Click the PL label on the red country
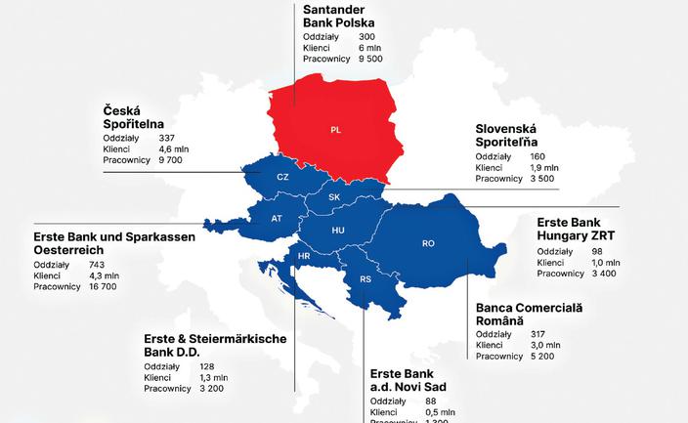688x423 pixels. (x=335, y=129)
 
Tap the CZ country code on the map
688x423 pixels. (x=282, y=177)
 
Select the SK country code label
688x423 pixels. (x=334, y=196)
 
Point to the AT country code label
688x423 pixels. (x=277, y=218)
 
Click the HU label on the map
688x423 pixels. (x=338, y=230)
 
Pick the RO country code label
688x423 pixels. (x=428, y=242)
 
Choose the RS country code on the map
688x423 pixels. (x=365, y=278)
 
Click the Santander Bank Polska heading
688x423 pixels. (x=339, y=16)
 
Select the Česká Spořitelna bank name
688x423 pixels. (x=136, y=116)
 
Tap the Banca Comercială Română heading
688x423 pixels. (x=529, y=314)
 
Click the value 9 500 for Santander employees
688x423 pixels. (x=370, y=59)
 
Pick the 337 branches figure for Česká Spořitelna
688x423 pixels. (x=166, y=137)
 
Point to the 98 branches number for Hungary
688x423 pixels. (x=598, y=251)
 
